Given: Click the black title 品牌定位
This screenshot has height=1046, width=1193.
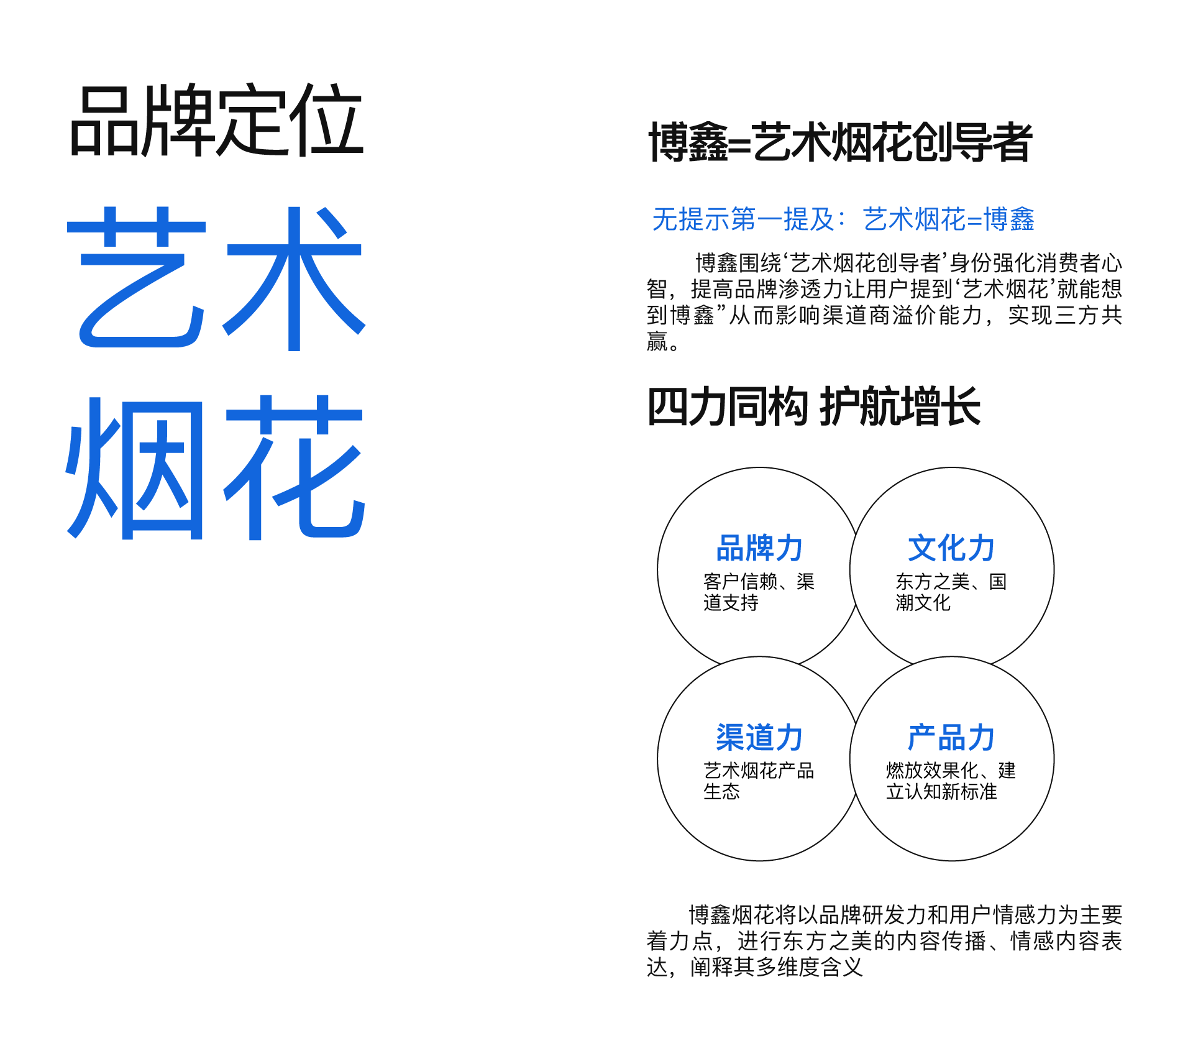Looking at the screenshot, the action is pyautogui.click(x=216, y=119).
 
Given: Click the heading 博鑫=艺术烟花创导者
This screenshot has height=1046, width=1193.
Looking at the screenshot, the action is pyautogui.click(x=840, y=142).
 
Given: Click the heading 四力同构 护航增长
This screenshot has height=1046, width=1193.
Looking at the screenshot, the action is pyautogui.click(x=814, y=406).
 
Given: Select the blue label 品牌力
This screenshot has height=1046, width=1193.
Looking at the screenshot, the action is pyautogui.click(x=759, y=548).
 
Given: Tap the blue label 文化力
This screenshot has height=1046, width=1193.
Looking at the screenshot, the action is pyautogui.click(x=951, y=548).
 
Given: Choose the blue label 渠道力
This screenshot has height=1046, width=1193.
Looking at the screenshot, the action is pyautogui.click(x=759, y=738).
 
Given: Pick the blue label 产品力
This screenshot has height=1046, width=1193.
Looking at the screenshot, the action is pyautogui.click(x=951, y=738).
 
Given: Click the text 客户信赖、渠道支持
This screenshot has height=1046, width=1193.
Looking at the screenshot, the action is pyautogui.click(x=759, y=592).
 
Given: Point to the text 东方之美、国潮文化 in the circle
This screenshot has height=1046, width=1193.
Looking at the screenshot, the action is pyautogui.click(x=951, y=592).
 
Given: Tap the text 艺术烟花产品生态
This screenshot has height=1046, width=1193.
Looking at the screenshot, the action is pyautogui.click(x=759, y=781).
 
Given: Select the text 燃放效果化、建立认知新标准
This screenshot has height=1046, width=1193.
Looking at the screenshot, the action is pyautogui.click(x=951, y=781).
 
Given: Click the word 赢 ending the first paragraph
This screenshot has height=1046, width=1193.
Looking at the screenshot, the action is pyautogui.click(x=657, y=341).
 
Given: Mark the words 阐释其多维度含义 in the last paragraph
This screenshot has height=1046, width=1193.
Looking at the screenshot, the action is pyautogui.click(x=777, y=967).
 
